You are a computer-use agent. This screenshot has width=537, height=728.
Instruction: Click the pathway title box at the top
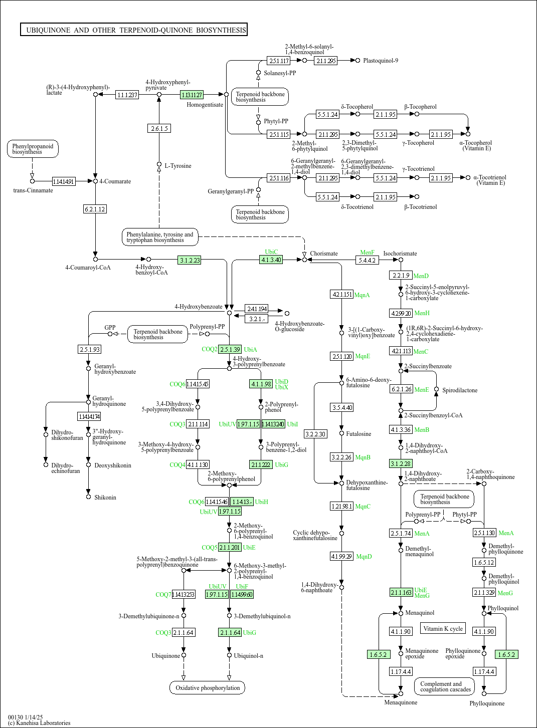(x=134, y=30)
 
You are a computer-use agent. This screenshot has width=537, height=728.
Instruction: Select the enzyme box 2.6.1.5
(x=159, y=129)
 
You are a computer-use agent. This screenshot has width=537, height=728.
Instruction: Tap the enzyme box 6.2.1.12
(x=95, y=209)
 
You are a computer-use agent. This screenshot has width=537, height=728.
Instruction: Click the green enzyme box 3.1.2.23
(x=190, y=260)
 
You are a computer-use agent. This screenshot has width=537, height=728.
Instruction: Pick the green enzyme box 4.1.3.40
(x=271, y=260)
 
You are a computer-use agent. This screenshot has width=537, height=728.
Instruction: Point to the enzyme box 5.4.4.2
(x=367, y=261)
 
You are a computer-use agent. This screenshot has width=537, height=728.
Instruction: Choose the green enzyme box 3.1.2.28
(x=401, y=464)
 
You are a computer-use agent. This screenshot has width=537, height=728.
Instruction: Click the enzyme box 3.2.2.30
(x=315, y=434)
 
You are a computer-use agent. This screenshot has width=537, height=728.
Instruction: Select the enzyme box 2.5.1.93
(x=89, y=349)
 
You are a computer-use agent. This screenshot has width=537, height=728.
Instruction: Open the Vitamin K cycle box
(x=443, y=628)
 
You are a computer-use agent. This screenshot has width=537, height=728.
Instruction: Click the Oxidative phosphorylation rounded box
(x=207, y=688)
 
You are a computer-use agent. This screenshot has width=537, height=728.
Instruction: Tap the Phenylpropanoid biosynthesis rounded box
(x=33, y=149)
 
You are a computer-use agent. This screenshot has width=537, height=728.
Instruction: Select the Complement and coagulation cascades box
(x=445, y=686)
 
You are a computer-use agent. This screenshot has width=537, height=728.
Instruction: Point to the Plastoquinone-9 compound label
(x=381, y=61)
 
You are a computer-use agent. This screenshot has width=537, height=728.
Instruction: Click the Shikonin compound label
(x=105, y=498)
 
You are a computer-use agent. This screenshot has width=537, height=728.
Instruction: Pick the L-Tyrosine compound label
(x=178, y=166)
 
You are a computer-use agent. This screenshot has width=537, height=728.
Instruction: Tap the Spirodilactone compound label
(x=460, y=390)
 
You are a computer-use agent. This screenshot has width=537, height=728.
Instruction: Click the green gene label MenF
(x=367, y=253)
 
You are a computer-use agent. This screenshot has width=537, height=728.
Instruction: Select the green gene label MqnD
(x=364, y=557)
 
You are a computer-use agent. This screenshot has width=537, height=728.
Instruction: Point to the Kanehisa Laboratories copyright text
(x=39, y=723)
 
